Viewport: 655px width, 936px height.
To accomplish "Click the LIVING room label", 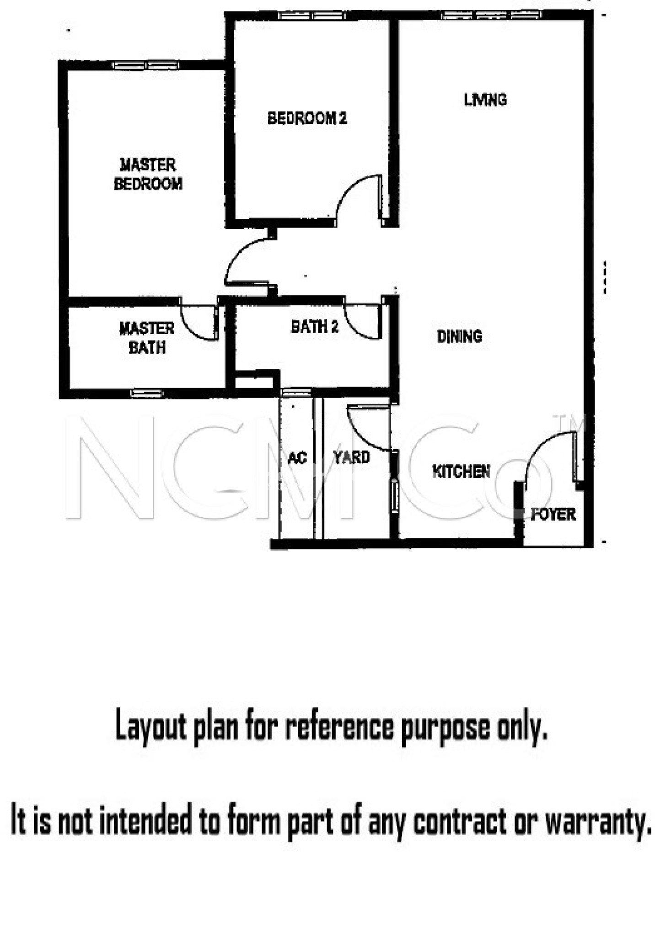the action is (x=485, y=100).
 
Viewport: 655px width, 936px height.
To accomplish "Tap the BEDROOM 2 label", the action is (x=307, y=118).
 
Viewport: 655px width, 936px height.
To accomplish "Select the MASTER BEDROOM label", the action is (x=148, y=174).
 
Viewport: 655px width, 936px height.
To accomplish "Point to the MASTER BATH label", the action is (x=147, y=338).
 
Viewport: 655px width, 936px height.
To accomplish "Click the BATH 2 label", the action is (x=315, y=326).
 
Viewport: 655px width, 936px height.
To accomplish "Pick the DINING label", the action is (x=460, y=336).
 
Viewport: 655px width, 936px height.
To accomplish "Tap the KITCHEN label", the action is (x=461, y=471).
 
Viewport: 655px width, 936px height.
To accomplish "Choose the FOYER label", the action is (x=553, y=514).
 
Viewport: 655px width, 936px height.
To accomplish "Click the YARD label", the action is (x=351, y=457).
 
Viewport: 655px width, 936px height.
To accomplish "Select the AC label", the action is (x=297, y=457).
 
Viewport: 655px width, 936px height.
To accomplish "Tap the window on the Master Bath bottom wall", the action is (x=147, y=393).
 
